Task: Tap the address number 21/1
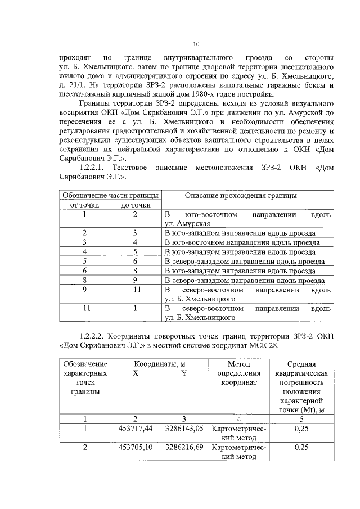point(83,85)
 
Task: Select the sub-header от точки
point(84,205)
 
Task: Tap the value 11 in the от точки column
point(84,308)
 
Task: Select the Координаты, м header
point(160,364)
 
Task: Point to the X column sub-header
point(136,373)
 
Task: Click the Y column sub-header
point(184,373)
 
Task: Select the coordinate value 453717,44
point(136,429)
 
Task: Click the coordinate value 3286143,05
point(184,429)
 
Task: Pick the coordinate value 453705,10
point(136,448)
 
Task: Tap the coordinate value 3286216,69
point(184,448)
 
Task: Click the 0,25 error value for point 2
point(301,448)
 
